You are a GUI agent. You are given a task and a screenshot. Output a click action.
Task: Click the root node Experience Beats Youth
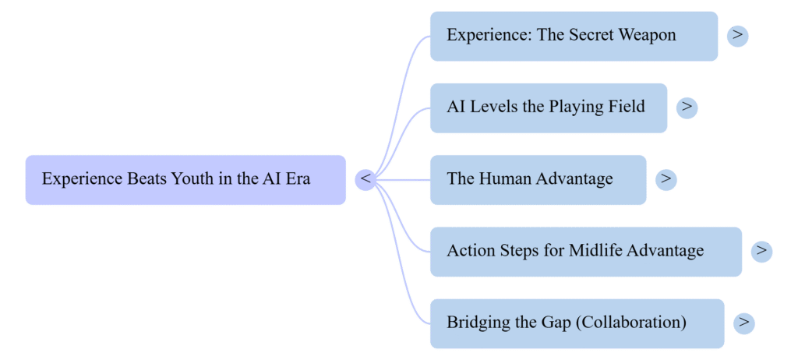[x=185, y=179]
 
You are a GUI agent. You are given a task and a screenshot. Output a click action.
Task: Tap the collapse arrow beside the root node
[x=365, y=179]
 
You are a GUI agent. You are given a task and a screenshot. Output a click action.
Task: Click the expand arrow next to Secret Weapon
[x=737, y=35]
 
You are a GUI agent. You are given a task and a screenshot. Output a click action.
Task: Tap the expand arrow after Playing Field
[x=687, y=107]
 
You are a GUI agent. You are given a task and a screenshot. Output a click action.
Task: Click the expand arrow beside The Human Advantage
[x=666, y=178]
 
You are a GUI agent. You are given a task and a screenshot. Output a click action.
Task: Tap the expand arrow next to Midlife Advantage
[x=761, y=250]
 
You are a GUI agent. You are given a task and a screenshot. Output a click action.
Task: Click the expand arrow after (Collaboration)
[x=744, y=322]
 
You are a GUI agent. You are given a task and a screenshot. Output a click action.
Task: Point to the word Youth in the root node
[x=192, y=179]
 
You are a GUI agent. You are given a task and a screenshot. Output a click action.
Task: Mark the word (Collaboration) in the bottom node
[x=631, y=322]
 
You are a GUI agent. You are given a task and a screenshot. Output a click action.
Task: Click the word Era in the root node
[x=297, y=179]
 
